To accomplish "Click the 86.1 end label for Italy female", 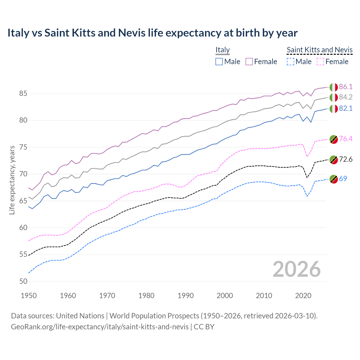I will [x=346, y=87].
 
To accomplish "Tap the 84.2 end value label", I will [x=346, y=97].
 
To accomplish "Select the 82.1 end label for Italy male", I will [x=346, y=109].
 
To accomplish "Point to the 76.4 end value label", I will [x=346, y=139].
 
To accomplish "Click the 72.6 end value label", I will [x=346, y=159].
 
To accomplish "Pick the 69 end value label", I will [x=343, y=179].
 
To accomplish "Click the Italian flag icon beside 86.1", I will [x=334, y=87].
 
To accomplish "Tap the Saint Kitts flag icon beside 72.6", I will [x=334, y=160].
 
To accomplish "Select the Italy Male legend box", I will [x=219, y=62].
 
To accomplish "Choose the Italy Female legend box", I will [x=249, y=62].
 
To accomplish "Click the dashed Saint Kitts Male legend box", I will [x=291, y=62].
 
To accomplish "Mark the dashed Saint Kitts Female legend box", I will [x=321, y=62].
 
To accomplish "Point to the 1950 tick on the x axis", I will [x=29, y=296].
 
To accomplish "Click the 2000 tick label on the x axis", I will [x=225, y=296].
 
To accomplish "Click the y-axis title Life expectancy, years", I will [x=12, y=180].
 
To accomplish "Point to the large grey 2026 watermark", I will [x=297, y=269].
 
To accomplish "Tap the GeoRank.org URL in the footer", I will [x=100, y=327].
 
